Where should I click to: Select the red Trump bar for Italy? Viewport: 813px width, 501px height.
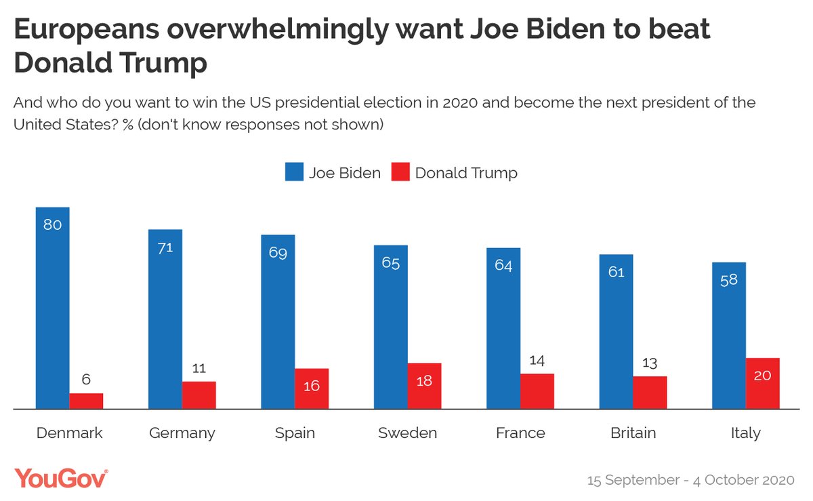point(762,383)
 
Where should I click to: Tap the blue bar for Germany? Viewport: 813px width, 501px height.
point(165,319)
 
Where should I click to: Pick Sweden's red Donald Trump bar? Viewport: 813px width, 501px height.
point(424,386)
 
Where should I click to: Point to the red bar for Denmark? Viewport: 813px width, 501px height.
point(86,401)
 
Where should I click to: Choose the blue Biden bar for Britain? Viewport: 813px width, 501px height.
point(616,332)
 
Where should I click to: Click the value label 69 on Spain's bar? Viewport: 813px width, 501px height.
point(278,254)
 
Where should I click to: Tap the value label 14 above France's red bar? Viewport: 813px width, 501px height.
point(537,360)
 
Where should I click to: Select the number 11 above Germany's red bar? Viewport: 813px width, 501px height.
point(199,368)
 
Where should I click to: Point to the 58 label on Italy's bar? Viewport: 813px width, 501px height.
point(729,280)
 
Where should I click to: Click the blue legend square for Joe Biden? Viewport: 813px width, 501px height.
point(294,172)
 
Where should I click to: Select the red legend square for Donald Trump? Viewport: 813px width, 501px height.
point(400,172)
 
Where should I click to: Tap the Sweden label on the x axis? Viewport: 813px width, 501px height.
point(407,433)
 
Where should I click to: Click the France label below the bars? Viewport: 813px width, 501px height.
point(520,433)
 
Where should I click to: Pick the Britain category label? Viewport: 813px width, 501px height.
point(633,433)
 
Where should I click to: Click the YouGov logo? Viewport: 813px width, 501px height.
point(61,478)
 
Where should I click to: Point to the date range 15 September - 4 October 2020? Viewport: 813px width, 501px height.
point(690,480)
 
